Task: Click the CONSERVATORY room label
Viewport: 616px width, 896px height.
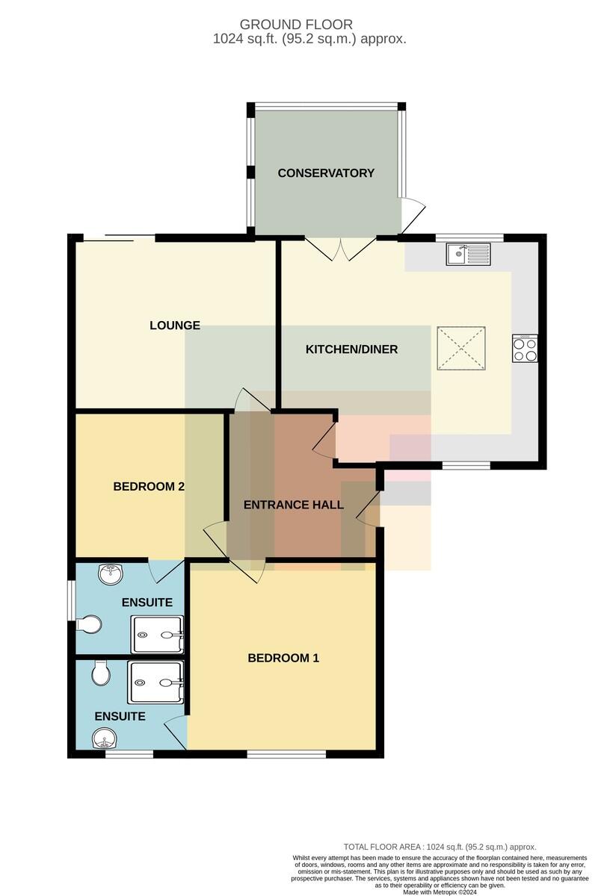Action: click(x=326, y=172)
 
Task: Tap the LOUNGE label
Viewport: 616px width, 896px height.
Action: click(x=175, y=326)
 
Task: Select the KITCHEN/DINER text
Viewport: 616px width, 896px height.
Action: click(x=351, y=349)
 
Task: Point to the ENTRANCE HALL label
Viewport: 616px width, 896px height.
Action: click(x=294, y=505)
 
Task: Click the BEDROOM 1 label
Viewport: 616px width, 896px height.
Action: click(x=283, y=658)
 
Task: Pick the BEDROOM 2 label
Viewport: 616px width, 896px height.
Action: click(x=149, y=486)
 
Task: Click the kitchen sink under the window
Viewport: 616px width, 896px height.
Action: click(x=468, y=254)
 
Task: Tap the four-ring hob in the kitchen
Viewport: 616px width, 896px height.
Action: click(x=525, y=349)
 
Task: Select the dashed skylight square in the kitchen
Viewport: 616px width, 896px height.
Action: click(x=461, y=348)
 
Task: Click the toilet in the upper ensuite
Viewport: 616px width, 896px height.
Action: click(x=89, y=624)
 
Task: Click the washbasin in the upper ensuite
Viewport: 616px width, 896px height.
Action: click(x=110, y=575)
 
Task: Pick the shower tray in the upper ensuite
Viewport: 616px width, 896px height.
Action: click(x=158, y=635)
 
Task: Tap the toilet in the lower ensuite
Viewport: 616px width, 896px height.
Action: click(x=101, y=673)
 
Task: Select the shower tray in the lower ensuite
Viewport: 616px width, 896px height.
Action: click(x=155, y=682)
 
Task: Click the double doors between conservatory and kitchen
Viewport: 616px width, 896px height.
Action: click(x=341, y=249)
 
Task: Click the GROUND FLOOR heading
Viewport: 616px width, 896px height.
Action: click(x=296, y=25)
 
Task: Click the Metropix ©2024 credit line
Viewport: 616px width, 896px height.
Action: click(x=440, y=892)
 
